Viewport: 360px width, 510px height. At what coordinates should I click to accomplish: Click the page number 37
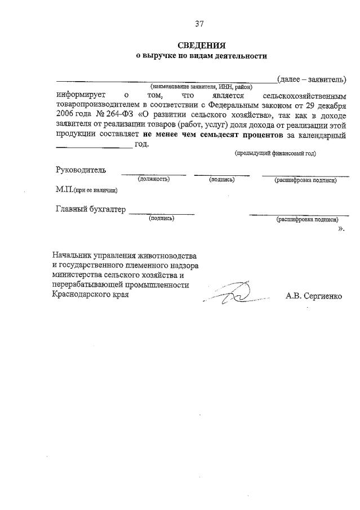click(x=199, y=24)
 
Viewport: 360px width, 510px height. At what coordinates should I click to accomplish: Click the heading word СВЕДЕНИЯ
click(x=201, y=46)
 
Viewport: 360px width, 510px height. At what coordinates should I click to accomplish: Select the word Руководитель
click(x=81, y=170)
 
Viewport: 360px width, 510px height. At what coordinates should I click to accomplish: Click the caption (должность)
click(x=154, y=179)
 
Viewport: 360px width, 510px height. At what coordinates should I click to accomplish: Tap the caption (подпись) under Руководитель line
click(x=221, y=179)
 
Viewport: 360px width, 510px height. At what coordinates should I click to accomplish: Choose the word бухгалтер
click(x=105, y=210)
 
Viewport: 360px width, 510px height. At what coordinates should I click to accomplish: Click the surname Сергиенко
click(x=323, y=295)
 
